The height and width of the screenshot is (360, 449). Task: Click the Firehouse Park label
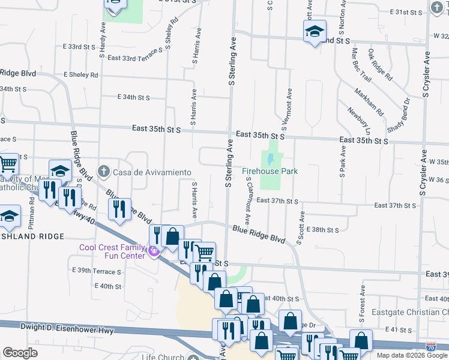click(270, 172)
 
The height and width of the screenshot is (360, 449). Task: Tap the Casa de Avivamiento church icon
click(104, 172)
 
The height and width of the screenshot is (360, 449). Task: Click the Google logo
click(20, 353)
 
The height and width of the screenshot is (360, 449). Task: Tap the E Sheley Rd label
click(76, 75)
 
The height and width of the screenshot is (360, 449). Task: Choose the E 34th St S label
click(133, 97)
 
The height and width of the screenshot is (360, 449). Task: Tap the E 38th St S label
click(322, 230)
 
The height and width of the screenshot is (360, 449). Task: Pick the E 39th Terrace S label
click(96, 271)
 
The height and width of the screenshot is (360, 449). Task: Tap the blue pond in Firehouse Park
click(271, 159)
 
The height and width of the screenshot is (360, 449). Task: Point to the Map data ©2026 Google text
click(412, 355)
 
